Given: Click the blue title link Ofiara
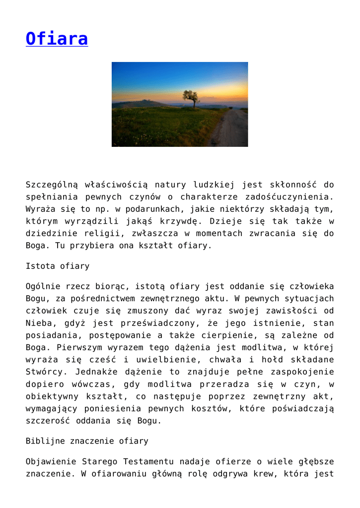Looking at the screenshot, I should coord(57,38).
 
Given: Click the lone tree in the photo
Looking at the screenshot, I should coord(190,97).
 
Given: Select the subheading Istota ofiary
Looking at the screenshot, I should coord(58,266).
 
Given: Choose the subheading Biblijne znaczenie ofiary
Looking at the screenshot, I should coord(87,441).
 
